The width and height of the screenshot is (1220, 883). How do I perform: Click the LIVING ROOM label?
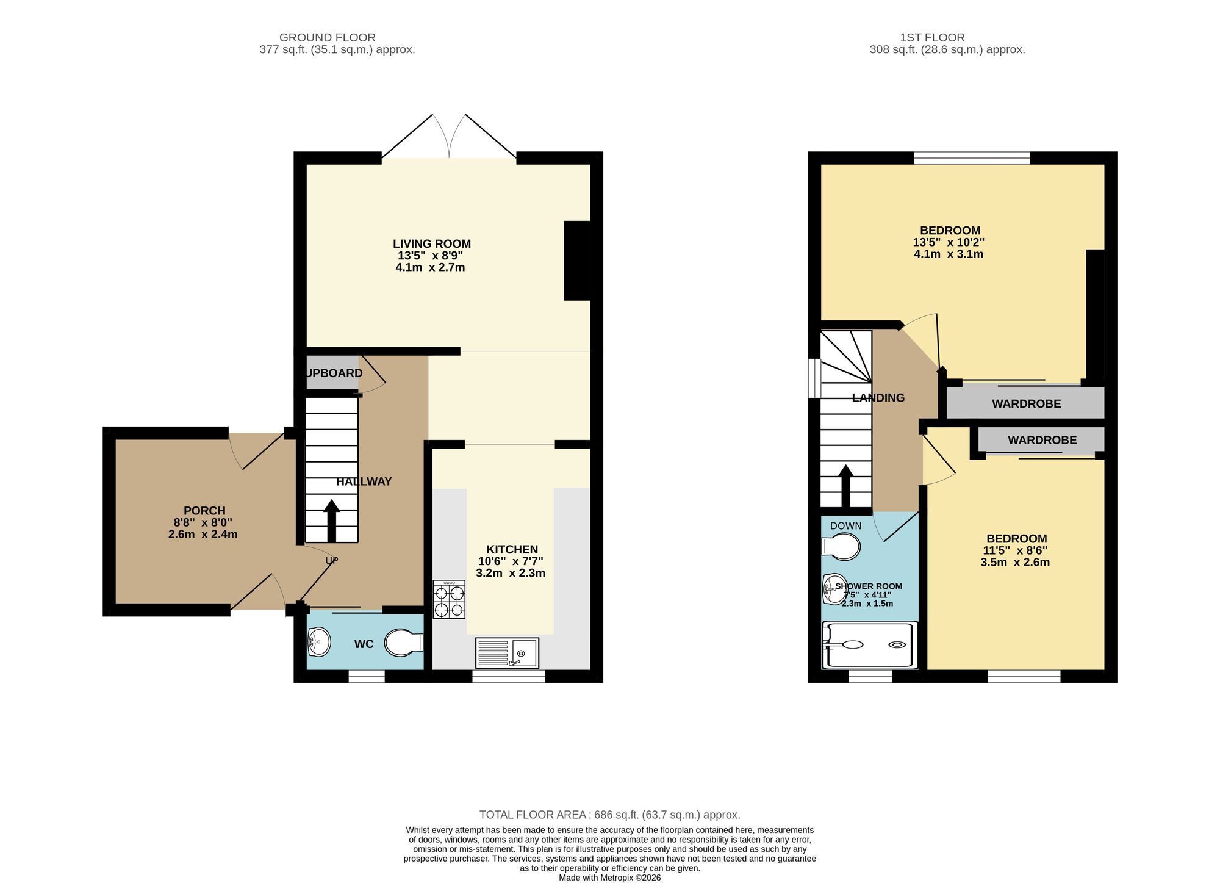[432, 244]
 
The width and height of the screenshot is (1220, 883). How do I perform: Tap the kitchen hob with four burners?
[449, 599]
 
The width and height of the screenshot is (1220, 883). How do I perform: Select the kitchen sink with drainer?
[507, 653]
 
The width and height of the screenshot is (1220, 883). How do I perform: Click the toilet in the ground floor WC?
[404, 643]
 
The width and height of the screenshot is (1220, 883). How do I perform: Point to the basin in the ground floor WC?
[319, 641]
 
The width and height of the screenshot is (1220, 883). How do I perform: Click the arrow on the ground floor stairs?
[332, 521]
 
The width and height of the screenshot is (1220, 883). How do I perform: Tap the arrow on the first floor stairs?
[846, 486]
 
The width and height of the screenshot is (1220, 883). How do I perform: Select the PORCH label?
[204, 511]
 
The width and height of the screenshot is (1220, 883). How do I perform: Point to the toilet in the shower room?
[841, 546]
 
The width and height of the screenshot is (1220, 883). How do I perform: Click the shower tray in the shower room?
[870, 645]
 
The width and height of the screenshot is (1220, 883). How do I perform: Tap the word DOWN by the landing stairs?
[846, 526]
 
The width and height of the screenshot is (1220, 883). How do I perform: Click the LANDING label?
[878, 398]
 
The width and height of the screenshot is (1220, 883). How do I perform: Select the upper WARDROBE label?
[1027, 404]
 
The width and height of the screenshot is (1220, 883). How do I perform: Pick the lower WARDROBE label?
[1042, 440]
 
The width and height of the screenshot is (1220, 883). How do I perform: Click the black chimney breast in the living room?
[577, 261]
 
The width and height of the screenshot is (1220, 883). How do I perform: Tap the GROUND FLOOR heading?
[328, 38]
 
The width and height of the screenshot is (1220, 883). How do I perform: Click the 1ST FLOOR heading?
[932, 38]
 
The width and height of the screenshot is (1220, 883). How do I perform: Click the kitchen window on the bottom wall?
[509, 676]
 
